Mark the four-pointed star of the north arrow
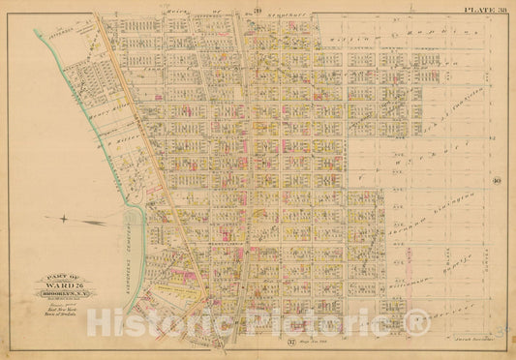click(64, 220)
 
